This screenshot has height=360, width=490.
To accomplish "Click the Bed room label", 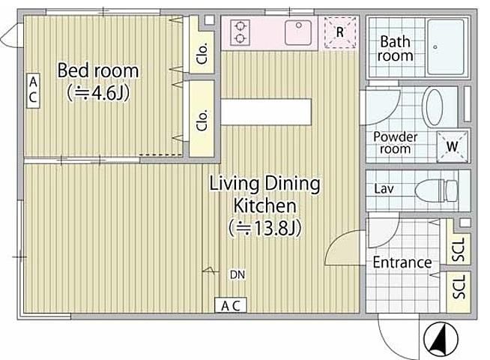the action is pyautogui.click(x=98, y=70).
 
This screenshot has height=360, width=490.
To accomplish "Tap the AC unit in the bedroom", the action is pyautogui.click(x=33, y=91).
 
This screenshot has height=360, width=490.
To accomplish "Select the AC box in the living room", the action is pyautogui.click(x=231, y=305).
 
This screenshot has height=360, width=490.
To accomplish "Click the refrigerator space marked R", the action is pyautogui.click(x=339, y=32).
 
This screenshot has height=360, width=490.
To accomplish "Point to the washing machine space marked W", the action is pyautogui.click(x=453, y=146).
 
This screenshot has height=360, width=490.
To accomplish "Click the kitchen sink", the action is pyautogui.click(x=297, y=32).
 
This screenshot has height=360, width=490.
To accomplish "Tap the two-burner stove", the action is pyautogui.click(x=240, y=32).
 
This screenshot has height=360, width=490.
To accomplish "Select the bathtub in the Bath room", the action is pyautogui.click(x=445, y=47).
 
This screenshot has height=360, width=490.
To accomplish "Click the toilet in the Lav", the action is pyautogui.click(x=436, y=190).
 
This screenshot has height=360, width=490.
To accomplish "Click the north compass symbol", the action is pyautogui.click(x=441, y=340).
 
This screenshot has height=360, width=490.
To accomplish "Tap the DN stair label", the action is pyautogui.click(x=238, y=274).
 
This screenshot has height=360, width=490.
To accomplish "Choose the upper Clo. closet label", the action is pyautogui.click(x=202, y=53).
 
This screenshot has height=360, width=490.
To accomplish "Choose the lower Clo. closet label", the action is pyautogui.click(x=202, y=120).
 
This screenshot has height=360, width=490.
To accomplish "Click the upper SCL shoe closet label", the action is pyautogui.click(x=459, y=249).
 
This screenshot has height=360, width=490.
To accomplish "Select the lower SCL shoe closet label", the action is pyautogui.click(x=459, y=286).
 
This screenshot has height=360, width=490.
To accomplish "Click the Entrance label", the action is pyautogui.click(x=402, y=262).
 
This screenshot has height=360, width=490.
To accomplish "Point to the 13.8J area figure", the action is pyautogui.click(x=265, y=228).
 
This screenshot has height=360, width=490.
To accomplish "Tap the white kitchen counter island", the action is pyautogui.click(x=266, y=112).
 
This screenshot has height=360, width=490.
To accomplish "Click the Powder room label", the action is pyautogui.click(x=396, y=142).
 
